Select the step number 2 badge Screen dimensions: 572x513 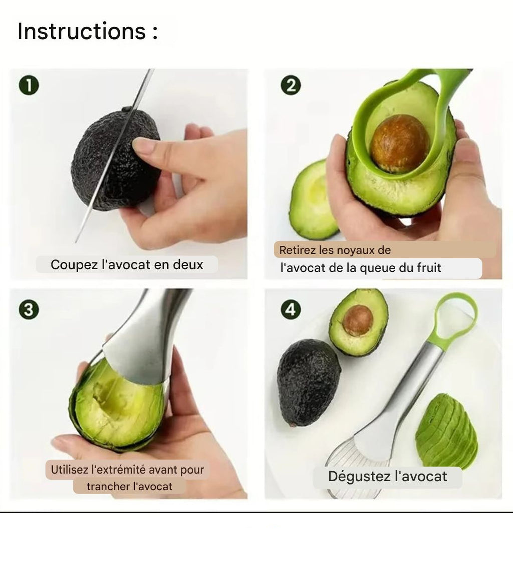click(290, 86)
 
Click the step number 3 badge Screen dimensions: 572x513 click(29, 310)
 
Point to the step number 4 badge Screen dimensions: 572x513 click(290, 310)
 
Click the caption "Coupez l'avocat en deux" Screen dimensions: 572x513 click(127, 265)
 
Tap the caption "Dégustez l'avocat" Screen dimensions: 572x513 click(387, 476)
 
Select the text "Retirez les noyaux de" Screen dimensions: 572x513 click(335, 250)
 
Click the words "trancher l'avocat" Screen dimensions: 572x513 click(129, 486)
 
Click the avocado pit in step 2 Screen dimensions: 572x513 click(399, 143)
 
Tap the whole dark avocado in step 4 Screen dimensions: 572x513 click(308, 382)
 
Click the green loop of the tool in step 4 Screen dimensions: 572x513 click(455, 319)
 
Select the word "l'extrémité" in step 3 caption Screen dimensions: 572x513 click(118, 470)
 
